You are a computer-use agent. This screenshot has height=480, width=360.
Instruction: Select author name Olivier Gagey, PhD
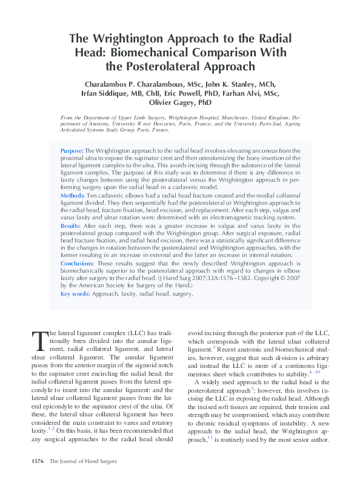[x=180, y=104]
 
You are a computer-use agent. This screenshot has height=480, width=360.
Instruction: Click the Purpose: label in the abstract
[x=72, y=150]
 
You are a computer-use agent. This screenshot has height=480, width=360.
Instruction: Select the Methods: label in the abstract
[x=73, y=196]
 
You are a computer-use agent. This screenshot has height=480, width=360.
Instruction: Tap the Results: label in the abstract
[x=72, y=225]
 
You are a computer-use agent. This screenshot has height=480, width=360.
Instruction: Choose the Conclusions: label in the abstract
[x=78, y=264]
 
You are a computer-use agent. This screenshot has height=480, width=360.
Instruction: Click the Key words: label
[x=75, y=294]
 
